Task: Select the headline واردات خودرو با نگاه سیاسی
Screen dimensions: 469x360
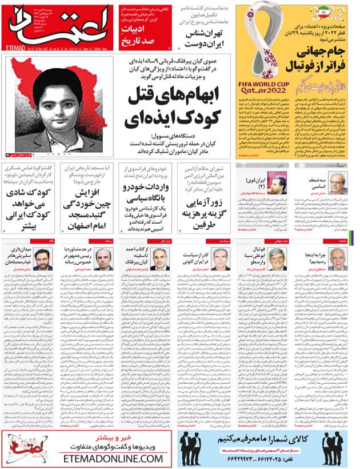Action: tap(147, 202)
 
